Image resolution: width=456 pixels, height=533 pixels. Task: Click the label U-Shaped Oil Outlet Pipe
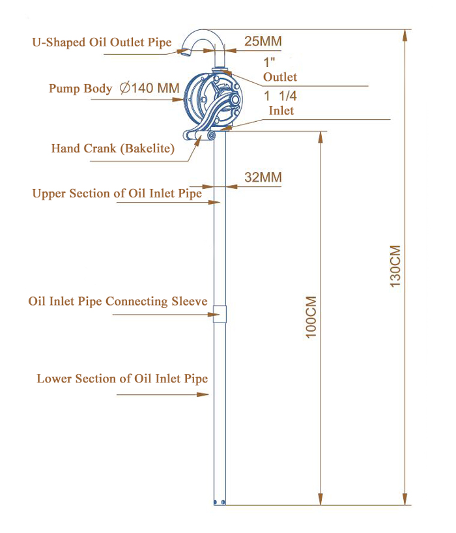(x=102, y=43)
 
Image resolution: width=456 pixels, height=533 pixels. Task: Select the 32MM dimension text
(x=263, y=177)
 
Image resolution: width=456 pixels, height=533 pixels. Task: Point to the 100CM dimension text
(x=311, y=317)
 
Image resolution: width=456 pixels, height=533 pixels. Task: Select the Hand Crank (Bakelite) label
(x=113, y=149)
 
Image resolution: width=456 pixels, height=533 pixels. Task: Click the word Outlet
(x=280, y=77)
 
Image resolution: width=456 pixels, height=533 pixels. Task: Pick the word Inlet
(x=281, y=111)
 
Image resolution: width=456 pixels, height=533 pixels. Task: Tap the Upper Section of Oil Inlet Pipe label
(x=117, y=194)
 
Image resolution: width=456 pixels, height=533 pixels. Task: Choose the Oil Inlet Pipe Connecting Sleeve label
(x=118, y=302)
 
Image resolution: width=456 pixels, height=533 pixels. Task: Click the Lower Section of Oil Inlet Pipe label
(x=122, y=379)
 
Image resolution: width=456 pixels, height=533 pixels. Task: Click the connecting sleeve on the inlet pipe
(x=220, y=313)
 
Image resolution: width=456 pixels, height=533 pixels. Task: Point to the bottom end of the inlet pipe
(x=220, y=501)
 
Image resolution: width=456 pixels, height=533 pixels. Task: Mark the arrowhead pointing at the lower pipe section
(x=207, y=394)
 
